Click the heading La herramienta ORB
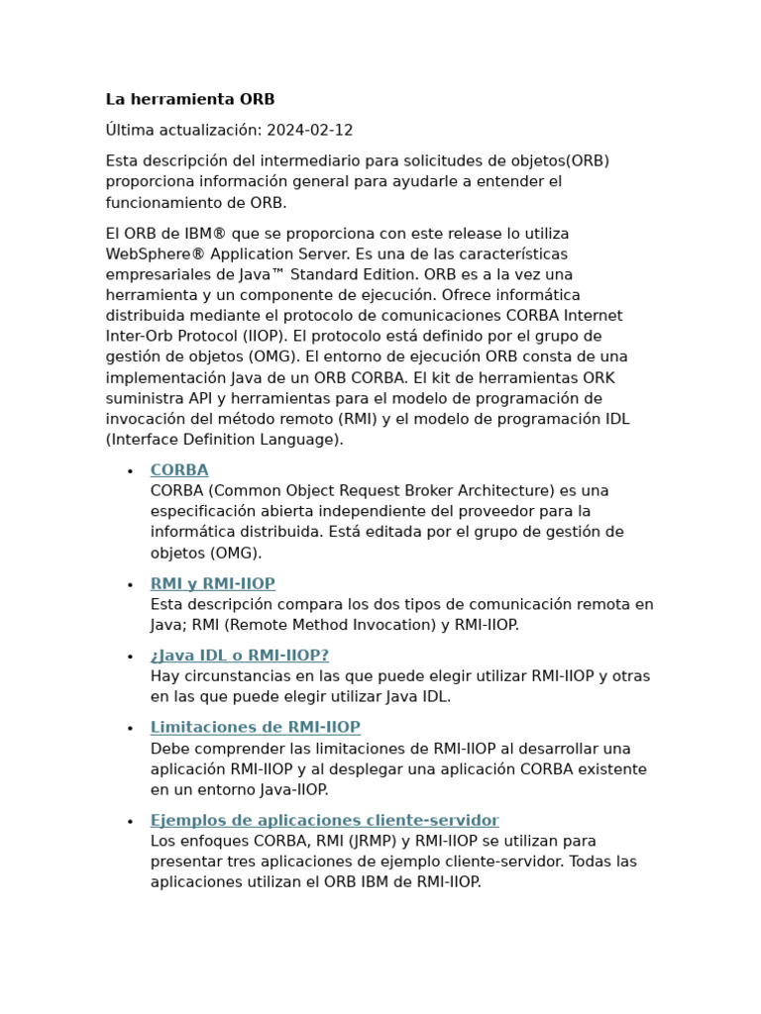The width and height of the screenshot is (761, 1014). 190,100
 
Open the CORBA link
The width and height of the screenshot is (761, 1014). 179,470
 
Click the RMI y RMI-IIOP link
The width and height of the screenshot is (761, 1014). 213,584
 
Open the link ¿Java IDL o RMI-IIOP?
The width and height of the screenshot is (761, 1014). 240,656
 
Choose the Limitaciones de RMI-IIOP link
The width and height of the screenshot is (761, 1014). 256,728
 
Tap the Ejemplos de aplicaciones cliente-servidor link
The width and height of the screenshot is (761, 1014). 325,821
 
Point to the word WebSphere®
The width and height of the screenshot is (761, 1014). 150,254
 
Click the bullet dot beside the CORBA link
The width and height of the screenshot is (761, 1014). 130,471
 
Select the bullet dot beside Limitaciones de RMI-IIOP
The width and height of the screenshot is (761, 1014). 130,729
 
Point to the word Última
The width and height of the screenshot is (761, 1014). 130,131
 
